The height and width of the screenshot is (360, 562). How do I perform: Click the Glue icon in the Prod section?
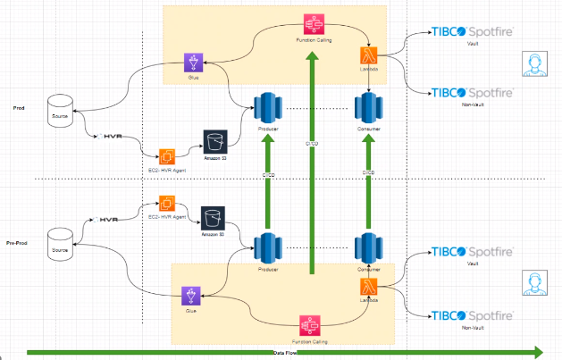pyautogui.click(x=194, y=63)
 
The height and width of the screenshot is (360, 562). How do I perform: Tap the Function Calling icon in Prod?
pyautogui.click(x=314, y=23)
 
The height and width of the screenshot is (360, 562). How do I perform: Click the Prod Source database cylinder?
pyautogui.click(x=61, y=105)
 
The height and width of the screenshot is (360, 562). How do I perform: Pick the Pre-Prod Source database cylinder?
pyautogui.click(x=61, y=239)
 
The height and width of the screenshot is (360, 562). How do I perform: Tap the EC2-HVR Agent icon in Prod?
pyautogui.click(x=167, y=157)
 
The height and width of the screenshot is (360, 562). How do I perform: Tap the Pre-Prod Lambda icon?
pyautogui.click(x=369, y=287)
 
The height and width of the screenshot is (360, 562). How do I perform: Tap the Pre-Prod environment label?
pyautogui.click(x=18, y=243)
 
